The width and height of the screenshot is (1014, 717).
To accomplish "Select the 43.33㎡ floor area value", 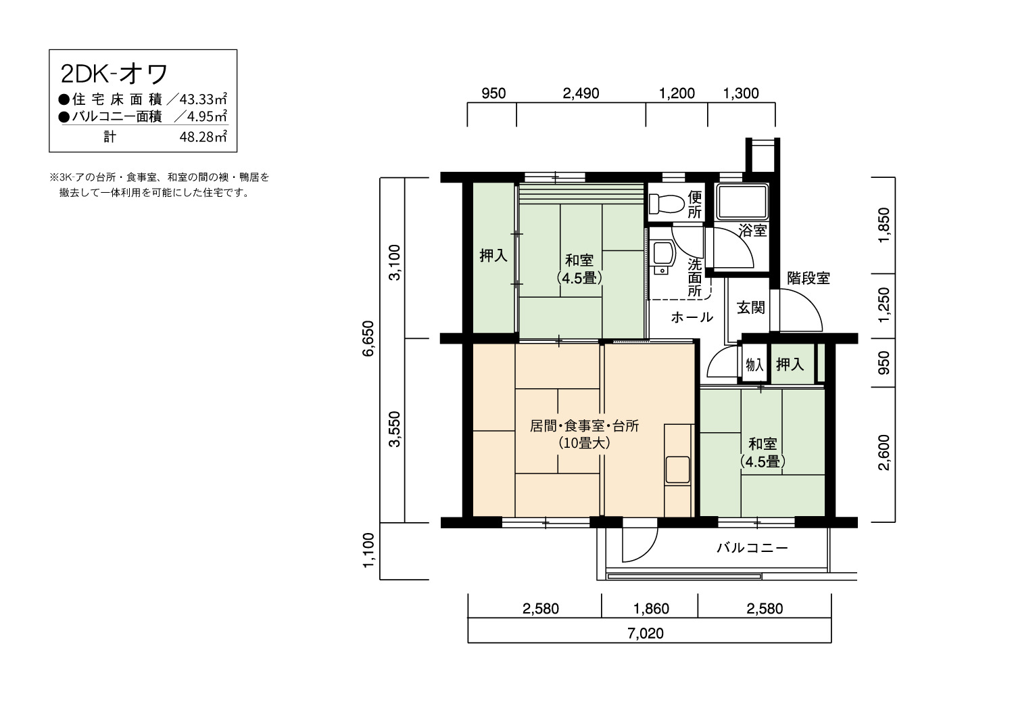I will click(x=199, y=100).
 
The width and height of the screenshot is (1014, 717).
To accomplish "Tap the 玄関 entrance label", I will click(x=750, y=307).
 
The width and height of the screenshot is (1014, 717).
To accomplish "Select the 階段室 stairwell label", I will click(x=808, y=278).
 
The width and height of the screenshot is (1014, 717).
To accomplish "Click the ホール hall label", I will click(x=692, y=317).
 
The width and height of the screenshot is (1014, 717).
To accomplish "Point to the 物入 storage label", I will click(x=754, y=365).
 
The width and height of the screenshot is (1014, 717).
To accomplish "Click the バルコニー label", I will click(x=752, y=548).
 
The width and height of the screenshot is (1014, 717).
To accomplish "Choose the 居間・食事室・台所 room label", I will click(x=584, y=426).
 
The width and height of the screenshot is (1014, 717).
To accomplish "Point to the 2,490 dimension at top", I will click(x=581, y=93).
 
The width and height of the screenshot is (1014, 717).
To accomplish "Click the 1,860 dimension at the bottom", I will click(x=650, y=609).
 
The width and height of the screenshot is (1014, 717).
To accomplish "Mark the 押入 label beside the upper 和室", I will click(x=493, y=256).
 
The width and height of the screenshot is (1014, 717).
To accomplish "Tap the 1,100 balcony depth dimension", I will click(x=368, y=551).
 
